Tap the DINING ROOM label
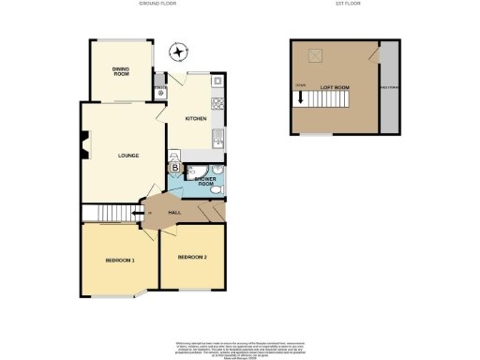click(x=121, y=70)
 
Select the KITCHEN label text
click(x=195, y=119)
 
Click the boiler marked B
click(x=174, y=168)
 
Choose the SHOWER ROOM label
click(x=206, y=180)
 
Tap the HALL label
click(x=174, y=215)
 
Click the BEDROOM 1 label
click(x=120, y=260)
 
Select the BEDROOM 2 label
click(x=193, y=257)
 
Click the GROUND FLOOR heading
click(x=158, y=5)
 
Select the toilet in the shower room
click(x=215, y=191)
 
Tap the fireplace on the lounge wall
click(x=84, y=146)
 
